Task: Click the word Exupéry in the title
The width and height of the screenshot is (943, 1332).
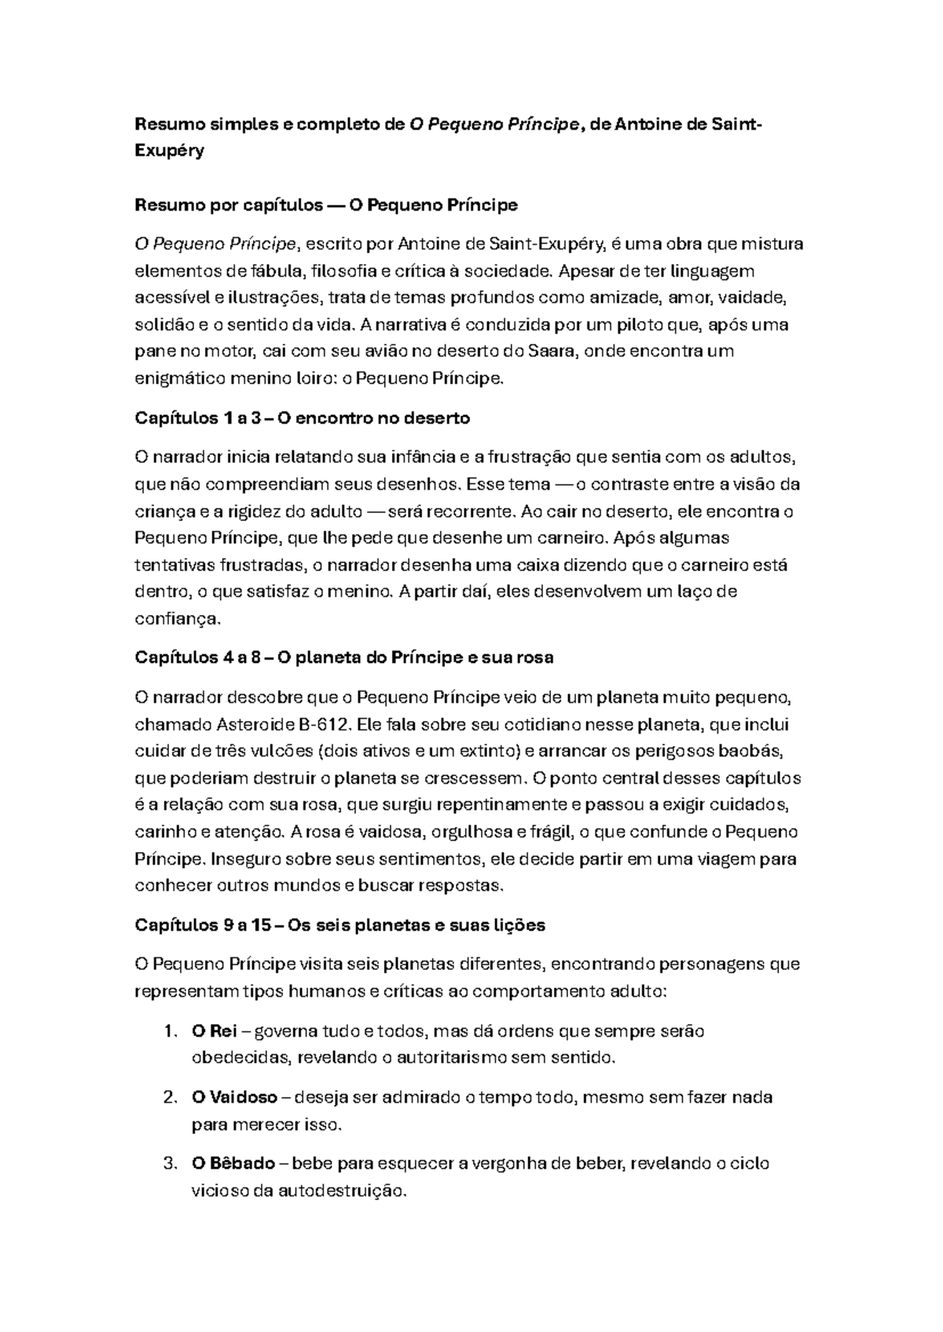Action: click(x=169, y=151)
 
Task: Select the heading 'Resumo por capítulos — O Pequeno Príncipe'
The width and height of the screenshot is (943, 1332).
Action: click(x=326, y=206)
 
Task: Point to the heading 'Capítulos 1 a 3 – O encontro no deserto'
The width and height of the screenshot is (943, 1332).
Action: click(x=303, y=419)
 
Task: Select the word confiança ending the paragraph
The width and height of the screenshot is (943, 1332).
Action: click(x=178, y=619)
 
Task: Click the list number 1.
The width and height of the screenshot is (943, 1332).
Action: click(x=171, y=1031)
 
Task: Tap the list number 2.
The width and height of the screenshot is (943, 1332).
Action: click(x=171, y=1097)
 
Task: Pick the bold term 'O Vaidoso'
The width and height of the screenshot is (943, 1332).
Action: click(x=234, y=1097)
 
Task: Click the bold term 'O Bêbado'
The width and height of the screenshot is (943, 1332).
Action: click(x=233, y=1163)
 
